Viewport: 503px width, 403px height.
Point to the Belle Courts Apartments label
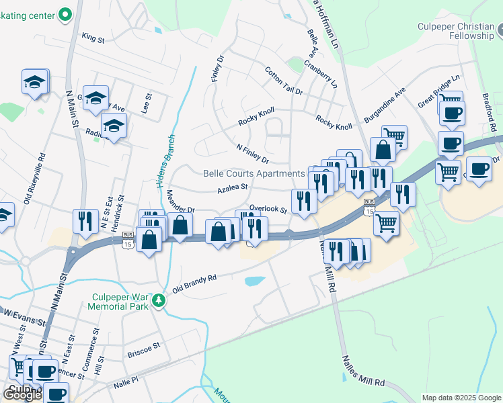point(254,173)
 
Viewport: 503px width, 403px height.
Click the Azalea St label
point(233,189)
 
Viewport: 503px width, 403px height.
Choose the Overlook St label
point(268,210)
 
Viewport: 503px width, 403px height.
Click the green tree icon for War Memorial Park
point(159,300)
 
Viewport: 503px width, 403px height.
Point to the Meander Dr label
point(180,201)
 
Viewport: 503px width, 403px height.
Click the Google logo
point(22,394)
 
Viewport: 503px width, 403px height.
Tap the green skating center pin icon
point(65,13)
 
